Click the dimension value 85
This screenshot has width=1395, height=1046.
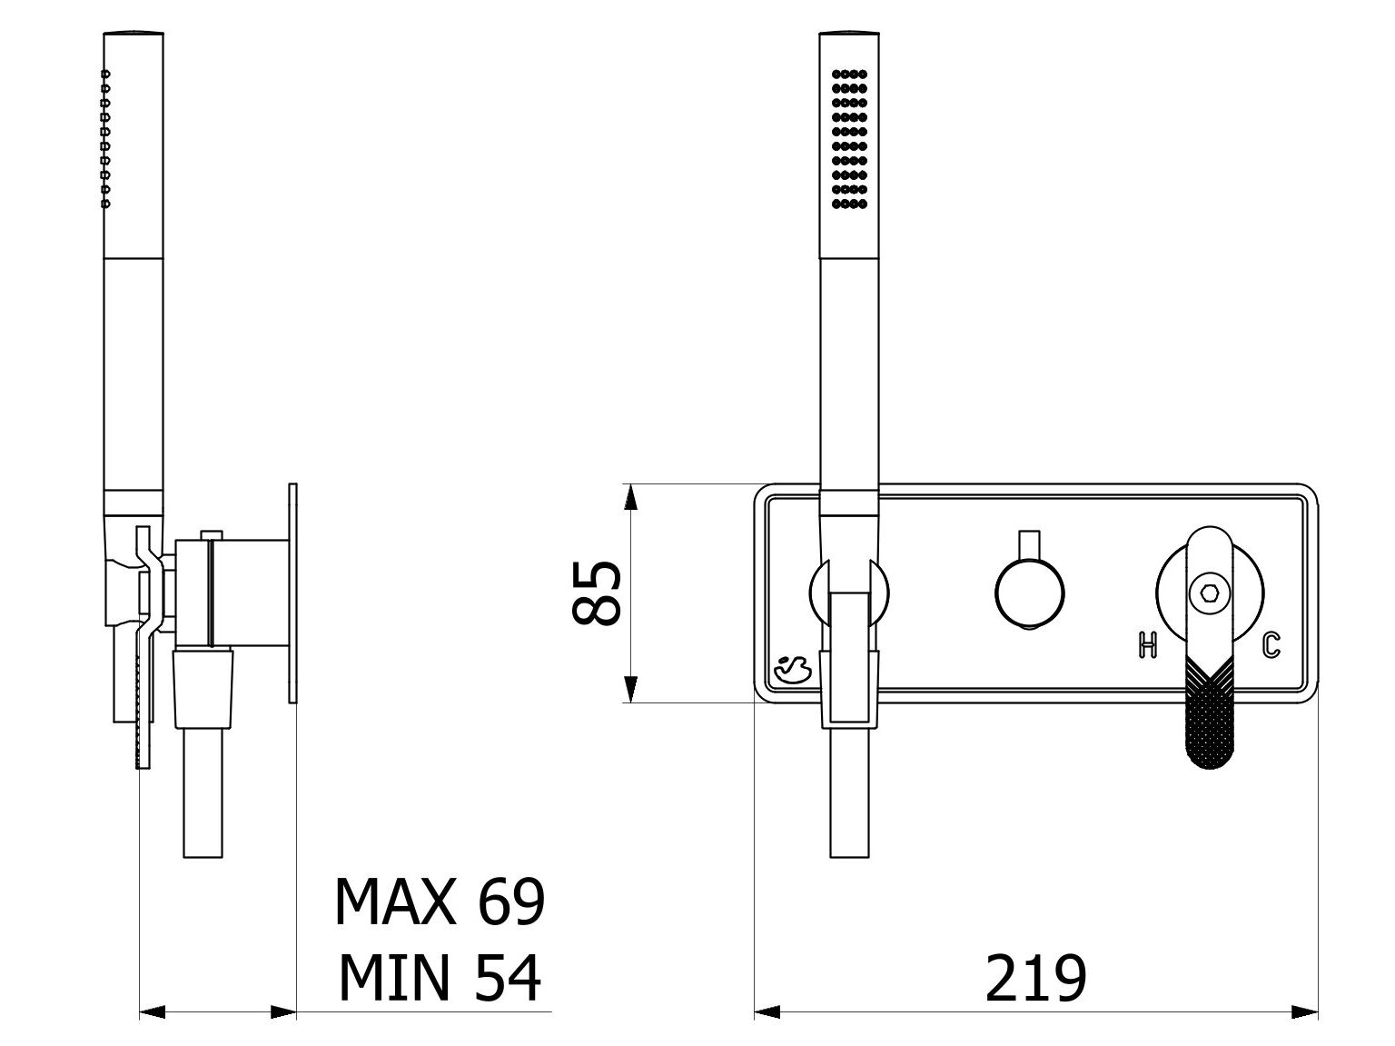(596, 593)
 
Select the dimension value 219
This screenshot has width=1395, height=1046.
(1035, 980)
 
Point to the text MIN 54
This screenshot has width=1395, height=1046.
(440, 980)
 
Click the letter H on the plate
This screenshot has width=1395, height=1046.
(1147, 645)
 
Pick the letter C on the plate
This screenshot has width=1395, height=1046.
(1271, 645)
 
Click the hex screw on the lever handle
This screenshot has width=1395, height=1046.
(1210, 593)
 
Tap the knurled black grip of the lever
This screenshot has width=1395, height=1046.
(1210, 713)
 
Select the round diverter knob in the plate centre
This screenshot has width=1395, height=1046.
(1030, 593)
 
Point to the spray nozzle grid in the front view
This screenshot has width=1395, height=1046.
(849, 139)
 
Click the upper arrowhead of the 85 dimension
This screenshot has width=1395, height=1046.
(629, 497)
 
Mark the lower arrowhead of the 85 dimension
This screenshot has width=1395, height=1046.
(629, 689)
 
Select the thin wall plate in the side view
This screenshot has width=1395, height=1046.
(292, 593)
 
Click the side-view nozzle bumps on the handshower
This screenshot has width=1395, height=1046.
(105, 139)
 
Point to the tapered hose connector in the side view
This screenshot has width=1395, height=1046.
(203, 687)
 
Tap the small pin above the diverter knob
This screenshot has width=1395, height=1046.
(1030, 545)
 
